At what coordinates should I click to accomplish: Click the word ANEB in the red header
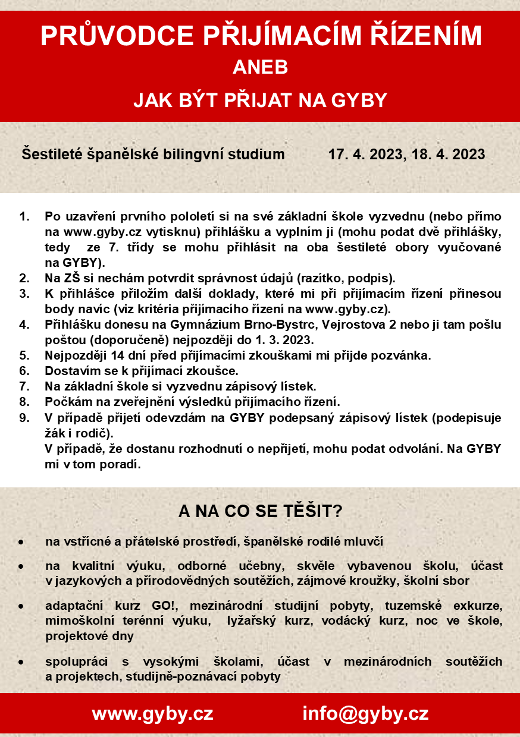[260, 68]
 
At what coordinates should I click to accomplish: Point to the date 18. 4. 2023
[447, 155]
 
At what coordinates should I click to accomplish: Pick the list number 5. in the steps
[24, 356]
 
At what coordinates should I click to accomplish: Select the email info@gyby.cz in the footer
[365, 713]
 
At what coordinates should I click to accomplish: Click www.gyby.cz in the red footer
[152, 713]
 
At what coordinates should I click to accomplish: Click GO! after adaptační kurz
[174, 606]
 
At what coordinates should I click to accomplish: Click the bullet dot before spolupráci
[21, 662]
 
